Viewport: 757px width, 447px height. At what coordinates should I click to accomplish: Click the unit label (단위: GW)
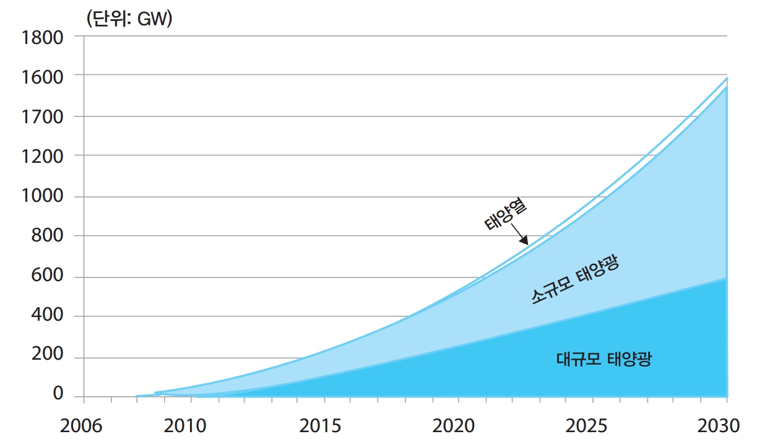[129, 18]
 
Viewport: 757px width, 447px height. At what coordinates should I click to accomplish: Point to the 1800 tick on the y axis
[43, 38]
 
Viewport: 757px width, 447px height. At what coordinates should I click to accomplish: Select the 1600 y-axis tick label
[43, 77]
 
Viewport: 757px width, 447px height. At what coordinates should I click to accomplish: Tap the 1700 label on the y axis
[43, 117]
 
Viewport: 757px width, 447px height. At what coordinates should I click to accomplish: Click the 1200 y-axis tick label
[43, 157]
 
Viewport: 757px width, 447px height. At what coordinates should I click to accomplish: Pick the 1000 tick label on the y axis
[43, 196]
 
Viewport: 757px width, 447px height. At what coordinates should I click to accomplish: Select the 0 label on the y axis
[58, 394]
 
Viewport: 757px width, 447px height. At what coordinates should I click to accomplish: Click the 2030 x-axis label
[719, 427]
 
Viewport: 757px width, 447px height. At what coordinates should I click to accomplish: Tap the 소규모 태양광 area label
[575, 280]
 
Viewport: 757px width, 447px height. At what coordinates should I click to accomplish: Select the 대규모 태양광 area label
[603, 359]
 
